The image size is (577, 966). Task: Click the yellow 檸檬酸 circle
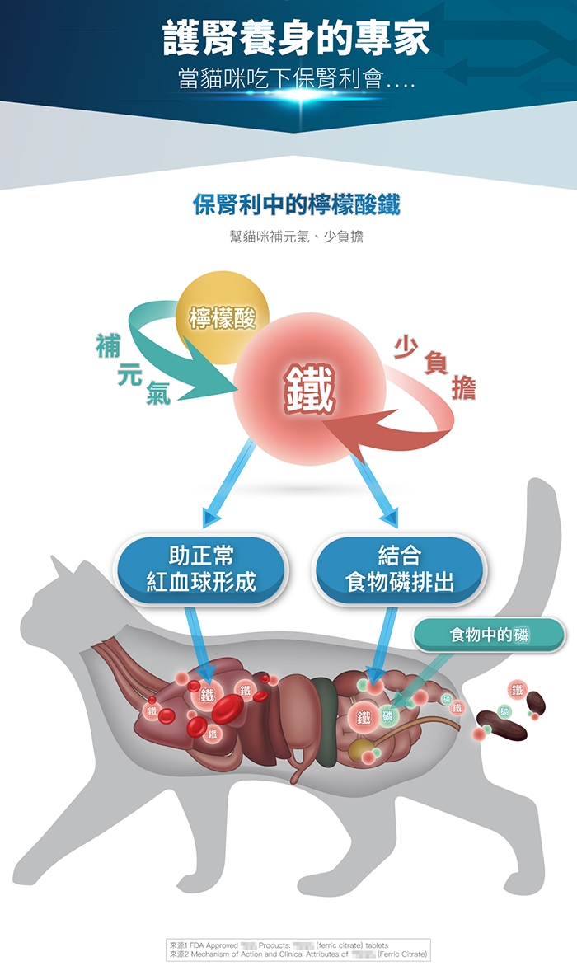pyautogui.click(x=223, y=317)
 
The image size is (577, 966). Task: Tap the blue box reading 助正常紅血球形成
pyautogui.click(x=201, y=568)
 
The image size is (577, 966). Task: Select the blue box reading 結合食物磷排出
pyautogui.click(x=399, y=568)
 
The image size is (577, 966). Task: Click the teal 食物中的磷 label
pyautogui.click(x=489, y=635)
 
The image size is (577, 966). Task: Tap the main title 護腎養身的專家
pyautogui.click(x=295, y=39)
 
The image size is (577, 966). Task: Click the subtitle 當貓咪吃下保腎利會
pyautogui.click(x=295, y=80)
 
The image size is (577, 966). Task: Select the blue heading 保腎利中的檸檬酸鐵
pyautogui.click(x=296, y=204)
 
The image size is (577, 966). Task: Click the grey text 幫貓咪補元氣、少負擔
pyautogui.click(x=296, y=237)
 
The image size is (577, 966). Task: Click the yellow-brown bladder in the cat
pyautogui.click(x=359, y=750)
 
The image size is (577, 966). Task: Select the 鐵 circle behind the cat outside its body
pyautogui.click(x=517, y=689)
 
